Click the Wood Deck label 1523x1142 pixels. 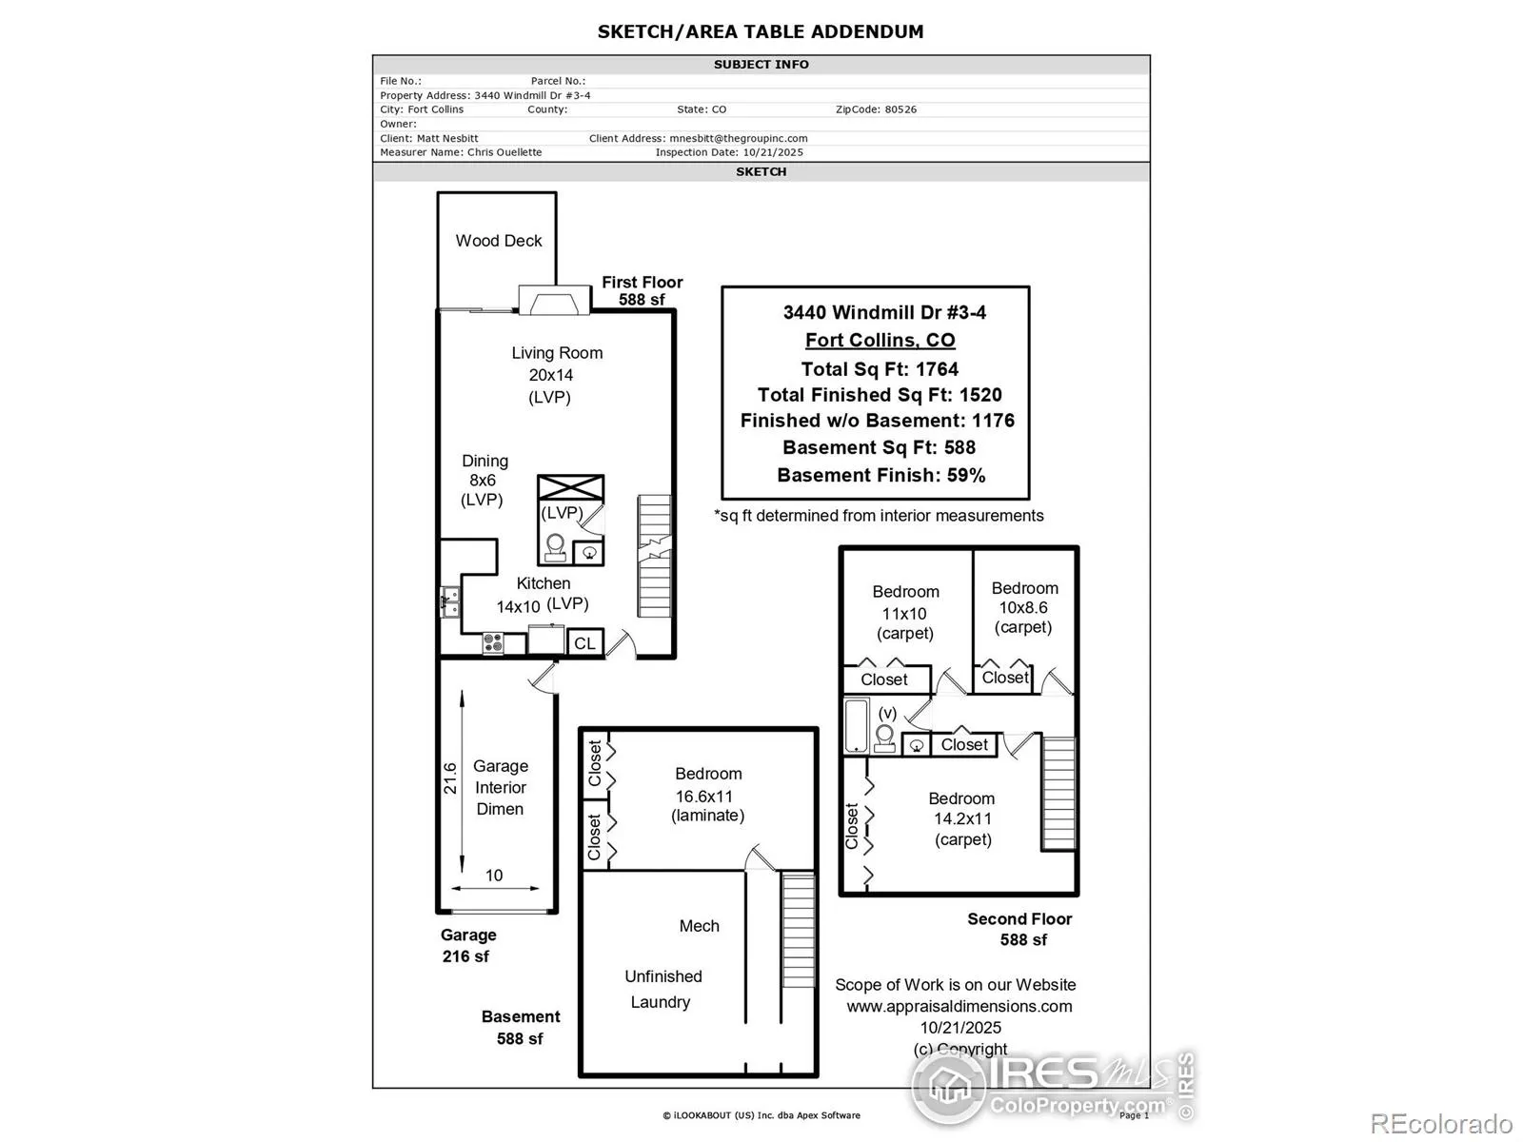(498, 241)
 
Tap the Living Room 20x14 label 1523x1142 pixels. (556, 374)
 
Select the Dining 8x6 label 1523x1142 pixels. (484, 480)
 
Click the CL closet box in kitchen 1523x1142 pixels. (584, 643)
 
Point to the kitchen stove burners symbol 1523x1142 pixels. (493, 643)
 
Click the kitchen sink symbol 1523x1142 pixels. (449, 602)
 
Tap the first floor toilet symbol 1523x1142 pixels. (555, 546)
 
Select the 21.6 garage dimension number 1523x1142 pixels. (450, 778)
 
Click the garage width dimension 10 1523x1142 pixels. (494, 876)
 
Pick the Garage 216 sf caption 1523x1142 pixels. (467, 946)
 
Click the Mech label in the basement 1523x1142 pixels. (699, 926)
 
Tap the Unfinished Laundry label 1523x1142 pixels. (663, 989)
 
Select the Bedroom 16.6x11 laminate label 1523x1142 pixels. (708, 795)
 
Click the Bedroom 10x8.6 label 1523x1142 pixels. (1024, 607)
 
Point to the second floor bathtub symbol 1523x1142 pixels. (857, 724)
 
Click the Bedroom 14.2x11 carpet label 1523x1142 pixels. (962, 818)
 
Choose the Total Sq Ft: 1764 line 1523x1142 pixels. (880, 369)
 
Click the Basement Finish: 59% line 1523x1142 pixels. (880, 475)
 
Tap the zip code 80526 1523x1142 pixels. (900, 109)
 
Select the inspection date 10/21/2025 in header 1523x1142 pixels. (773, 152)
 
